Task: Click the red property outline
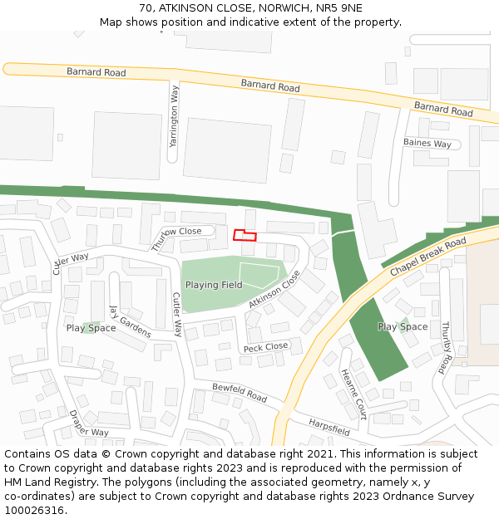click(x=245, y=235)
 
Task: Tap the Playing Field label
click(x=214, y=285)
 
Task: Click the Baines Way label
click(x=427, y=144)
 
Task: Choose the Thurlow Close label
click(x=176, y=238)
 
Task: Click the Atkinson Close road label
click(x=274, y=290)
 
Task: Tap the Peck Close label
click(x=265, y=346)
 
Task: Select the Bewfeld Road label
click(x=240, y=393)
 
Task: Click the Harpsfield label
click(x=329, y=425)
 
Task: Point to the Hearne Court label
click(x=353, y=394)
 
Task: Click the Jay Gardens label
click(x=131, y=321)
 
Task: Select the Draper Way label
click(x=89, y=424)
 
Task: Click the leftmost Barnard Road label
click(x=96, y=73)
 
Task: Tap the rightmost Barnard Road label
click(x=443, y=109)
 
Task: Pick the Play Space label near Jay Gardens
click(x=91, y=328)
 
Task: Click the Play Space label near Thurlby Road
click(x=403, y=326)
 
